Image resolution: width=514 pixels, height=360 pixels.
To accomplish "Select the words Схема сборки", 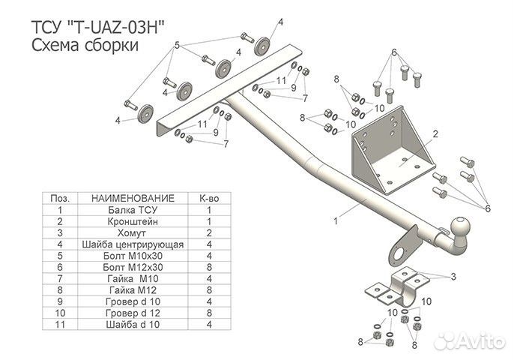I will click(x=85, y=45).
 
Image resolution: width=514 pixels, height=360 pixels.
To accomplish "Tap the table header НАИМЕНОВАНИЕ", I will click(x=133, y=199).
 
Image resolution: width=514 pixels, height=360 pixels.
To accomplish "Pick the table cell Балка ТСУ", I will click(x=133, y=211).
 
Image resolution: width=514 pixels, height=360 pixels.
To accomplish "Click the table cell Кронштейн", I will click(x=133, y=222).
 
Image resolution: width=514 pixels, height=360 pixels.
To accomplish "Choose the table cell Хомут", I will click(x=133, y=233).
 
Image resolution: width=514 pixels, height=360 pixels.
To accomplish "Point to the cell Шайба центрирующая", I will click(x=133, y=244).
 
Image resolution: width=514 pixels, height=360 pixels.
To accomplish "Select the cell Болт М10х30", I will click(x=133, y=256).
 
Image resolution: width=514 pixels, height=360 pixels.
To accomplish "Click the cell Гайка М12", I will click(x=133, y=289).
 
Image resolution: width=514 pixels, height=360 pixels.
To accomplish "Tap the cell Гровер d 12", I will click(x=133, y=312).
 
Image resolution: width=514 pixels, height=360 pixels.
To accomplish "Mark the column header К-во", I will click(x=209, y=199).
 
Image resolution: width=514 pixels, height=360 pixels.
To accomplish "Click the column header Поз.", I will click(x=59, y=199).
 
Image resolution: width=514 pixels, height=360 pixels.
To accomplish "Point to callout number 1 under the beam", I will click(x=336, y=220).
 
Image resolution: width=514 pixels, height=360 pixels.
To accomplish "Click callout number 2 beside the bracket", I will click(x=435, y=134).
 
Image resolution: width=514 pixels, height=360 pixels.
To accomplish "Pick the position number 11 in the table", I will click(x=59, y=324).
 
